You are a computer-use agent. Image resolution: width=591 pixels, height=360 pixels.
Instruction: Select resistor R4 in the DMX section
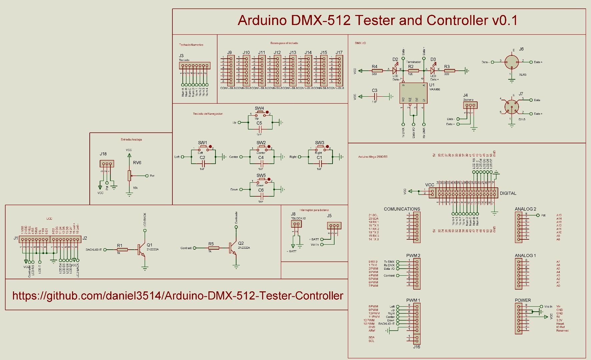pos(375,71)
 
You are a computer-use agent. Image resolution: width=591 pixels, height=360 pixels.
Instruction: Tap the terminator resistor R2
pos(411,71)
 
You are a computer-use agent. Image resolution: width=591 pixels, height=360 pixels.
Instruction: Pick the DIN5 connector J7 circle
pos(512,107)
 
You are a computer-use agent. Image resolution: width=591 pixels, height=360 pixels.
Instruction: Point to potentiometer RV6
pos(129,176)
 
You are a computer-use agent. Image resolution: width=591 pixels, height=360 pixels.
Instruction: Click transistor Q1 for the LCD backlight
pos(141,249)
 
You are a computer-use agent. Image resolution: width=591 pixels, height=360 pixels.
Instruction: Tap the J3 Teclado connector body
pos(194,65)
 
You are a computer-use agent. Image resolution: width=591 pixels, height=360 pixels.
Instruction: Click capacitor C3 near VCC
pos(375,96)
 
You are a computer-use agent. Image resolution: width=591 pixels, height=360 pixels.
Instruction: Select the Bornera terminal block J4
pos(470,105)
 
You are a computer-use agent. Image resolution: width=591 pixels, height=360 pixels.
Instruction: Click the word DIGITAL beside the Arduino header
pos(508,193)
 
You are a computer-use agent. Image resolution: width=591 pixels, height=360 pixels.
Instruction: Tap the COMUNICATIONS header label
pos(402,209)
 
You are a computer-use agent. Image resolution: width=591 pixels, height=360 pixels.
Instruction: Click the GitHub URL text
pos(178,296)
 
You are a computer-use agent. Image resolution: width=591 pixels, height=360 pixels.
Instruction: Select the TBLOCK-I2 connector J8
pos(296,224)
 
